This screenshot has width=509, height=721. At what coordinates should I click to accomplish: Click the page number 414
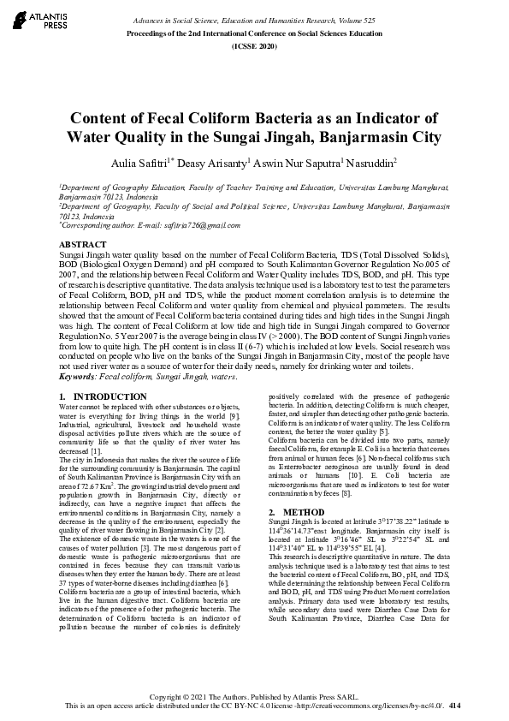(x=454, y=706)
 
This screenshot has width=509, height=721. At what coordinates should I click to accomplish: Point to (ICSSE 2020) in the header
(x=255, y=45)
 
